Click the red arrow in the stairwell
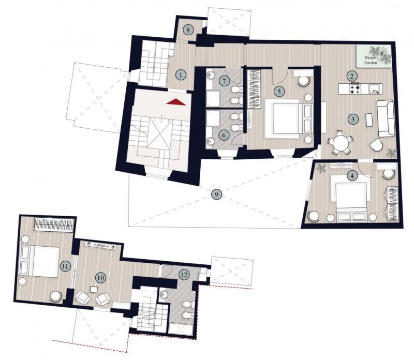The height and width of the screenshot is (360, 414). pyautogui.click(x=176, y=102)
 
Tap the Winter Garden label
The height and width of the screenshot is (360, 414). pyautogui.click(x=371, y=60)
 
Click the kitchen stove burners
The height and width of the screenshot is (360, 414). pyautogui.click(x=354, y=88)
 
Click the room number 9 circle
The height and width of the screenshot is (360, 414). pyautogui.click(x=216, y=194)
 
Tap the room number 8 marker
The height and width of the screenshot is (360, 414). pyautogui.click(x=188, y=30)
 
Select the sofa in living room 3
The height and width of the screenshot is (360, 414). pyautogui.click(x=386, y=118)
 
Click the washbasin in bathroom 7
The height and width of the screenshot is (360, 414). pyautogui.click(x=211, y=74)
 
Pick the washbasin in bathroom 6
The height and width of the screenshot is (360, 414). pyautogui.click(x=211, y=141)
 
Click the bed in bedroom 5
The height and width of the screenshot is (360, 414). pyautogui.click(x=289, y=118)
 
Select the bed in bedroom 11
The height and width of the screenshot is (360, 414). pyautogui.click(x=40, y=261)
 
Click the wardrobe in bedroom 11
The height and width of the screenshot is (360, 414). pyautogui.click(x=54, y=225)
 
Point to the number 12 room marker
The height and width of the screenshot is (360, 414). pyautogui.click(x=184, y=275)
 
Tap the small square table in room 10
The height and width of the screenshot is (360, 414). pyautogui.click(x=94, y=289)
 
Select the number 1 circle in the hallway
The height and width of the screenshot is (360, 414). pyautogui.click(x=181, y=75)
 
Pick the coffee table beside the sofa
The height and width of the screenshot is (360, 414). pyautogui.click(x=369, y=120)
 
